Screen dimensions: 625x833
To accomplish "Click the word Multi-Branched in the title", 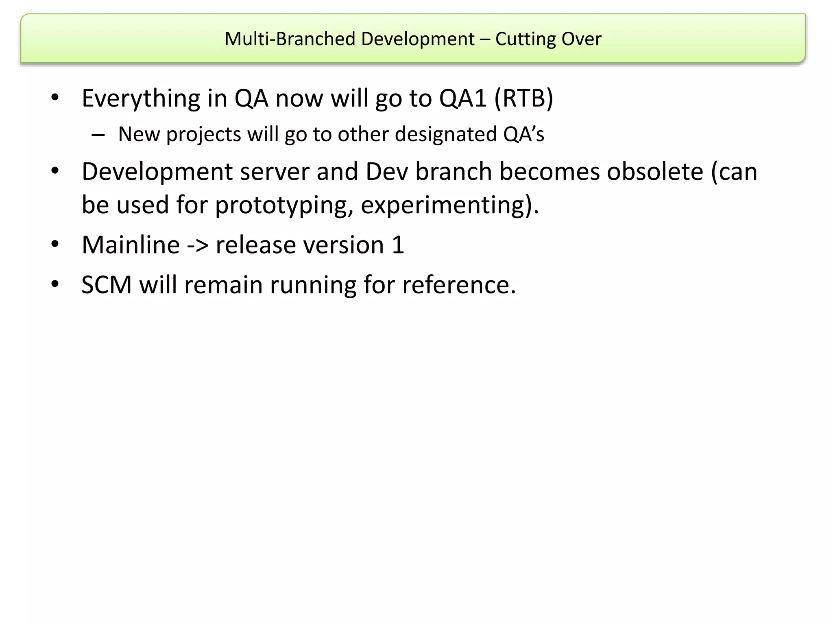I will (290, 39).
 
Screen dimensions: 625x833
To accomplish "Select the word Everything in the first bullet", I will (141, 98).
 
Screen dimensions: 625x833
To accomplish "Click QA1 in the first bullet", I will (463, 98).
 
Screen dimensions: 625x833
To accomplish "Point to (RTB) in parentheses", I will (524, 98).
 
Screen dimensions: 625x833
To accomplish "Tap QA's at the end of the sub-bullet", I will (523, 134).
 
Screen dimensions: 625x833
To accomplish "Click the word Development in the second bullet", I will (157, 172).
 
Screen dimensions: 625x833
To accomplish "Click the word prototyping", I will (283, 205).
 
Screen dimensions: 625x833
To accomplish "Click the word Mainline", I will (131, 245).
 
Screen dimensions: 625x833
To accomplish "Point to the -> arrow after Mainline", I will (198, 246).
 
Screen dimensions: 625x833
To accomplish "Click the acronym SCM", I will (107, 285).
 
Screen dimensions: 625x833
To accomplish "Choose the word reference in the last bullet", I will (458, 285).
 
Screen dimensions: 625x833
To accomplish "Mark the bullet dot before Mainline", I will (55, 244).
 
